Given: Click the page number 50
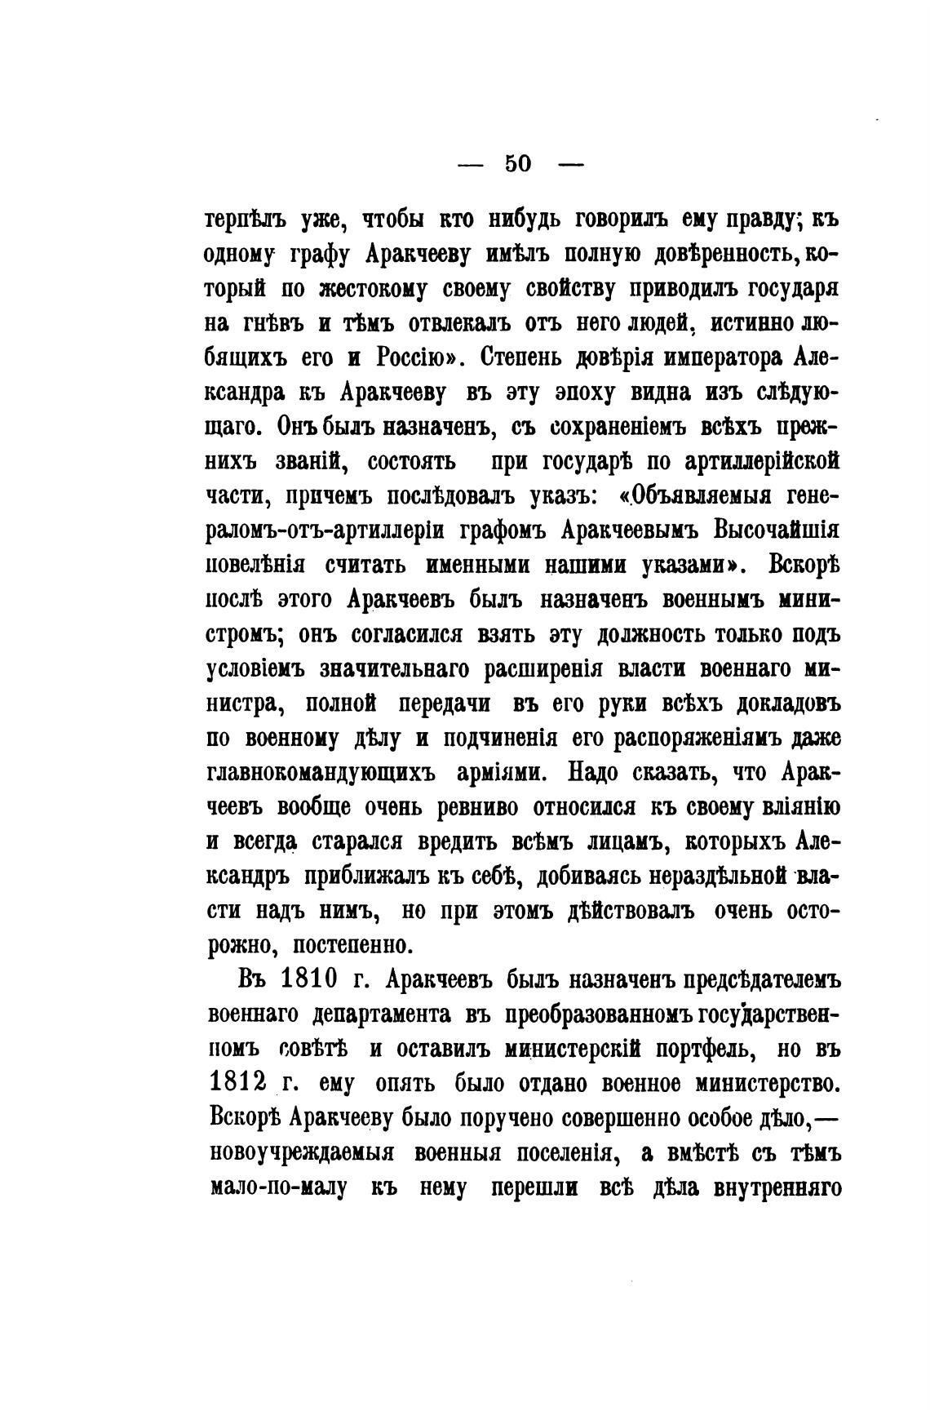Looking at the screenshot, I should point(518,163).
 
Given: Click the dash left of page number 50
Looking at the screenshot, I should point(471,164).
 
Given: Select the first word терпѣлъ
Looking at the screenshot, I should point(247,221).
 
